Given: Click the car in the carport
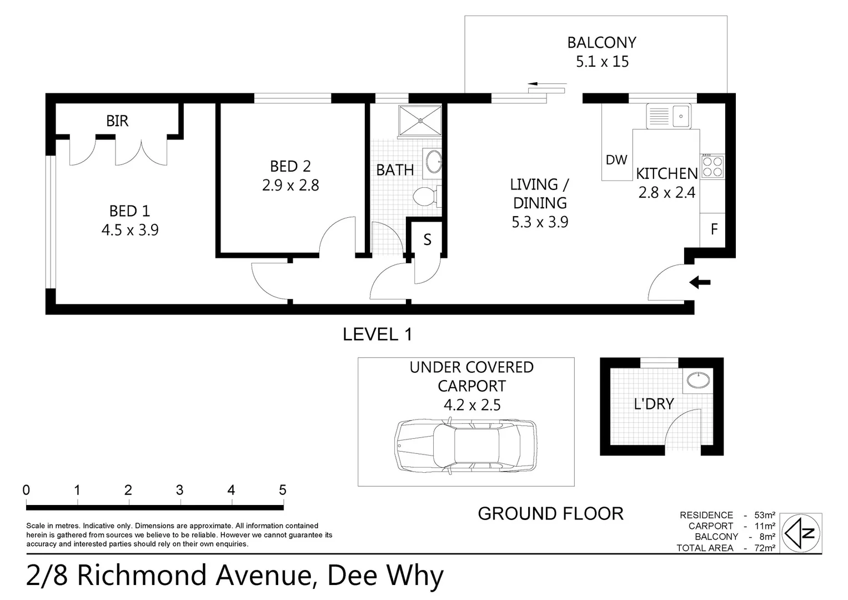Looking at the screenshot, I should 466,446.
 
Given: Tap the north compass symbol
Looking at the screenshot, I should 801,533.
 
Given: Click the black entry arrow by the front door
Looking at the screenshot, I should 700,283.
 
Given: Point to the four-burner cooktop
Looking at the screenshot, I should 712,167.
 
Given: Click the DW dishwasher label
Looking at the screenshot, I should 616,160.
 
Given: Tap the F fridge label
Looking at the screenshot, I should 714,229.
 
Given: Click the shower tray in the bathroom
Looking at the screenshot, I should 420,120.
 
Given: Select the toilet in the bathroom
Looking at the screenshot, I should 426,196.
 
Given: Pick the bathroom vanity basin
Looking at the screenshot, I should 433,163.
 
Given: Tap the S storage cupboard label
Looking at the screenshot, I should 427,239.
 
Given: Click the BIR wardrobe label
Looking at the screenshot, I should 117,121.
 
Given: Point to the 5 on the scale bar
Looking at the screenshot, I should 282,490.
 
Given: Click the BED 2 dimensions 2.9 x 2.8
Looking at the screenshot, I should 290,185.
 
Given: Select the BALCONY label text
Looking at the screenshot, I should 601,43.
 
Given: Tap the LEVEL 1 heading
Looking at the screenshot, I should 377,334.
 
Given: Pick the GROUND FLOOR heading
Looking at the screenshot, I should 550,514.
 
